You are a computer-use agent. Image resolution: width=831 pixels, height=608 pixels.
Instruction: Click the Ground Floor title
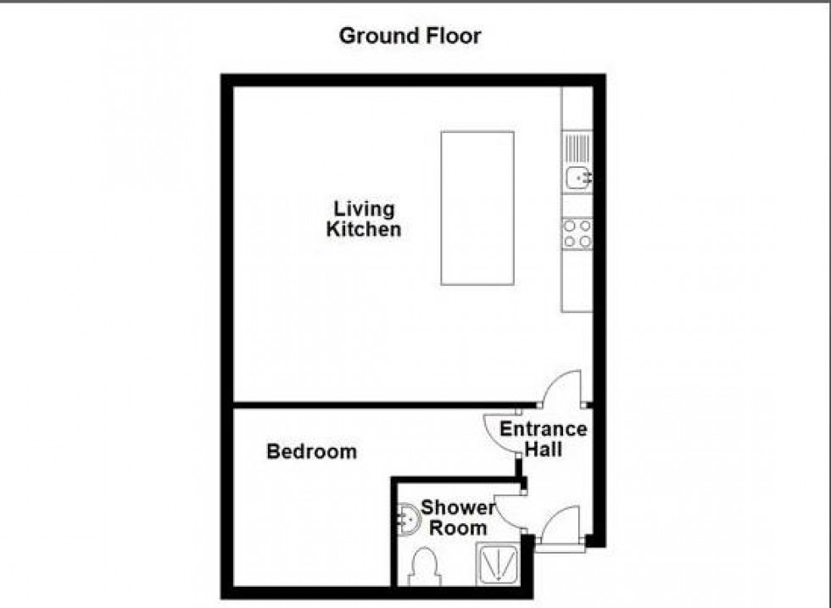410,36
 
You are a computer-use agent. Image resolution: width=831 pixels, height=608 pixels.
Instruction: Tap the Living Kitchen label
364,219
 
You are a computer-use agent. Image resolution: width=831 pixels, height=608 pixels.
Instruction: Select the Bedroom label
311,451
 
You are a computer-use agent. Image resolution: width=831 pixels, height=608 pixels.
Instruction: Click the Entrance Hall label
543,438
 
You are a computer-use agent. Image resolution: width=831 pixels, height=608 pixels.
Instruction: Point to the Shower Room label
458,517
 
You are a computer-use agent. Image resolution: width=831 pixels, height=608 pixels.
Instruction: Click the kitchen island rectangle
477,208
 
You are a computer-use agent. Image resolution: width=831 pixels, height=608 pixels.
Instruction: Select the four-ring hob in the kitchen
577,233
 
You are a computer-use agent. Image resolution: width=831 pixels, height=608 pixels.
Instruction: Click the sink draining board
577,147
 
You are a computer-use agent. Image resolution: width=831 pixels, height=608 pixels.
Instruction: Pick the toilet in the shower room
423,566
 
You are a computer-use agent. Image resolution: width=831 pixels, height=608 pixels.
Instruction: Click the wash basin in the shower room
407,517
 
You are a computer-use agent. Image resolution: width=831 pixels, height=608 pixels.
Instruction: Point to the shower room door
510,509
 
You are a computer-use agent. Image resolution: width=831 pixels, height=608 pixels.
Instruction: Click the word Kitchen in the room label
364,229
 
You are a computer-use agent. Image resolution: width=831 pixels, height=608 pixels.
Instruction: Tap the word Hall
543,449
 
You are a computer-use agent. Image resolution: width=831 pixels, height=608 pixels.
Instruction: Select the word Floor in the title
451,36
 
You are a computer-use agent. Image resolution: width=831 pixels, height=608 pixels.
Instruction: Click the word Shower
458,507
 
